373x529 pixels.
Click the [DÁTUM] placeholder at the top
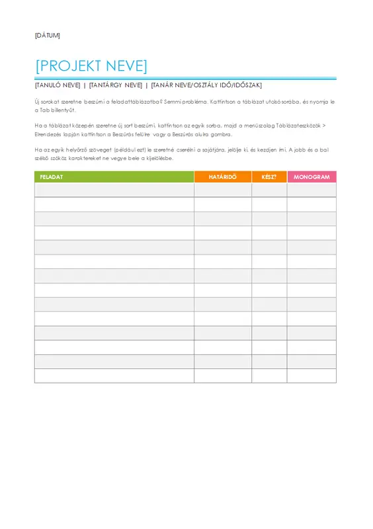pyautogui.click(x=47, y=35)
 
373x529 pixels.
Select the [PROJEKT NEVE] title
pyautogui.click(x=91, y=65)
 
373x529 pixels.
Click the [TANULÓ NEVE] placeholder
pyautogui.click(x=57, y=85)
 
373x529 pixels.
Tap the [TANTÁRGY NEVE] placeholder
pyautogui.click(x=116, y=85)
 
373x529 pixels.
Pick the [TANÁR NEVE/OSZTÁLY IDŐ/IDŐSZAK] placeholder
pyautogui.click(x=206, y=85)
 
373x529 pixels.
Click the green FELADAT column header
pyautogui.click(x=114, y=177)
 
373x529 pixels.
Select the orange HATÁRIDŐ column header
pyautogui.click(x=222, y=177)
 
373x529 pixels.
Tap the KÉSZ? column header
pyautogui.click(x=269, y=177)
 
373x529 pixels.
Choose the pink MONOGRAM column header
pyautogui.click(x=311, y=177)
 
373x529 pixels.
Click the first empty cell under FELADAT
pyautogui.click(x=114, y=190)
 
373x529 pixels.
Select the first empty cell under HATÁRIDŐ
pyautogui.click(x=222, y=190)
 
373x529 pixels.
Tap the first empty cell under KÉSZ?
pyautogui.click(x=269, y=190)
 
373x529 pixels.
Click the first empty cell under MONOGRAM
pyautogui.click(x=311, y=190)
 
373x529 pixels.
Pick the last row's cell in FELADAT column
pyautogui.click(x=114, y=376)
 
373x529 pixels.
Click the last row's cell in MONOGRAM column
pyautogui.click(x=311, y=376)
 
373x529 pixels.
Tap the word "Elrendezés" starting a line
pyautogui.click(x=50, y=134)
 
